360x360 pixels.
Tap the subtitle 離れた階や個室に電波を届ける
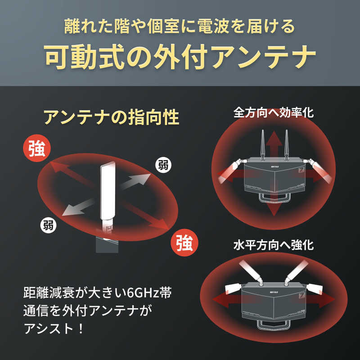pyautogui.click(x=180, y=27)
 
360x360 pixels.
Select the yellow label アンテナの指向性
pyautogui.click(x=111, y=117)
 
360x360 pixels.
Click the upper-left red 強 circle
pyautogui.click(x=37, y=148)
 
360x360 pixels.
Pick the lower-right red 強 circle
pyautogui.click(x=184, y=243)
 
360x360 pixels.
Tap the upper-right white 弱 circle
pyautogui.click(x=163, y=165)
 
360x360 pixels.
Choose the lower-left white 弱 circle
pyautogui.click(x=49, y=225)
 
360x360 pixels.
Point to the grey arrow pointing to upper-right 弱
pyautogui.click(x=135, y=181)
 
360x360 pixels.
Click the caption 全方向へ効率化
pyautogui.click(x=274, y=113)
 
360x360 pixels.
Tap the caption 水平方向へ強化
pyautogui.click(x=274, y=245)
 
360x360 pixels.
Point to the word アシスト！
pyautogui.click(x=54, y=329)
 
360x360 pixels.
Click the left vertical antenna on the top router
pyautogui.click(x=263, y=145)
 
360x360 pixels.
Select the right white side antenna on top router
pyautogui.click(x=318, y=170)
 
